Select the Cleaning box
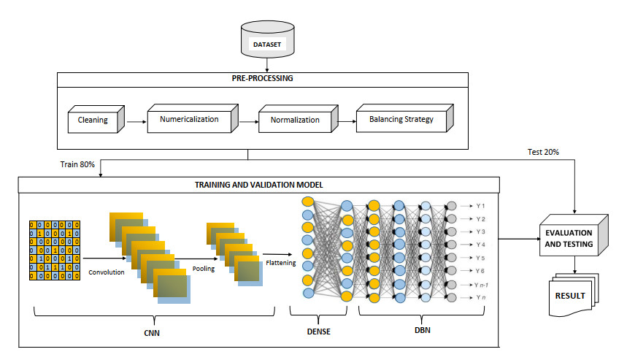[93, 120]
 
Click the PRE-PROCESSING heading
[249, 80]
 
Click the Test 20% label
[543, 152]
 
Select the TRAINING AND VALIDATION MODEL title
[250, 185]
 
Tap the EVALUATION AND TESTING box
[570, 237]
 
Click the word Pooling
[202, 269]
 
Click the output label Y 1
[481, 207]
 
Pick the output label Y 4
[481, 244]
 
